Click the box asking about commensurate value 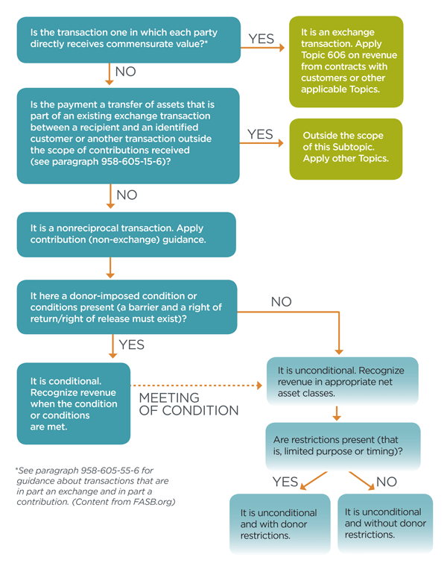click(x=129, y=40)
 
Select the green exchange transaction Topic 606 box click(x=346, y=62)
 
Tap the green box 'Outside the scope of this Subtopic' click(x=346, y=149)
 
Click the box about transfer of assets click(x=128, y=136)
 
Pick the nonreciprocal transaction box click(x=127, y=234)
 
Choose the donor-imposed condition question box click(x=127, y=307)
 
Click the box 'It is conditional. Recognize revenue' click(x=74, y=403)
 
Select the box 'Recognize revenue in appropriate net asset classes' click(x=342, y=381)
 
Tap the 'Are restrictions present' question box click(x=343, y=446)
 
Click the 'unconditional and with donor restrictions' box click(x=280, y=524)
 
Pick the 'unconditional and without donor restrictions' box click(x=385, y=524)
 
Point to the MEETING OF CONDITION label click(x=188, y=404)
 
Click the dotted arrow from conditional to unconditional click(x=196, y=386)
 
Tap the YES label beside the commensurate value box click(x=261, y=39)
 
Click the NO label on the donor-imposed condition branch click(x=281, y=301)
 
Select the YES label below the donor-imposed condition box click(x=131, y=345)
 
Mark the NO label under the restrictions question click(x=387, y=482)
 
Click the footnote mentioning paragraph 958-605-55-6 click(x=95, y=486)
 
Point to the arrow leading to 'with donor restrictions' click(x=314, y=481)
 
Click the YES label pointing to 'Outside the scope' click(x=260, y=134)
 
